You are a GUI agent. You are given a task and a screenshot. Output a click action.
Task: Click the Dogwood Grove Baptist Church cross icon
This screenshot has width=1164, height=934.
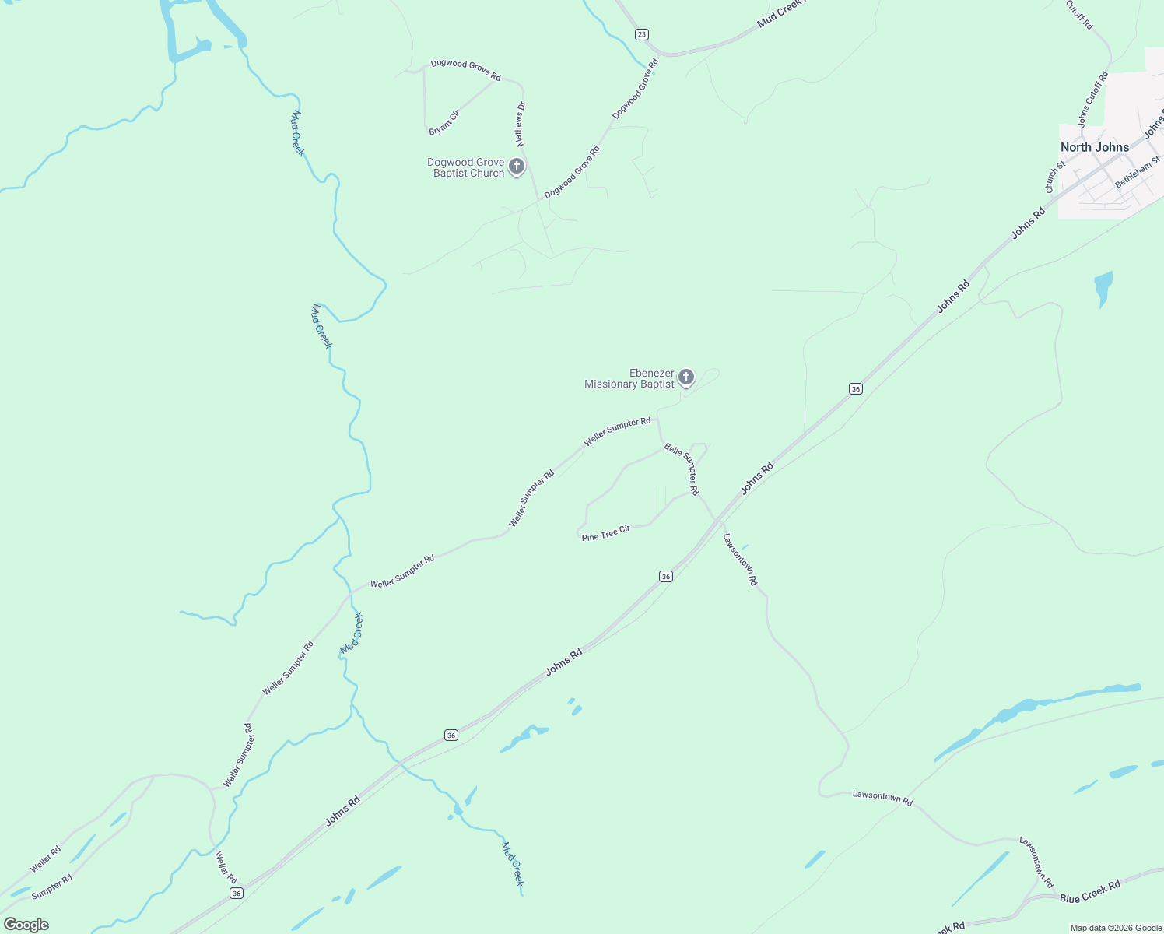[517, 167]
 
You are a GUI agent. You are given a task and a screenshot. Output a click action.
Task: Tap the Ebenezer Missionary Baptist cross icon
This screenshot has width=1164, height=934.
[685, 377]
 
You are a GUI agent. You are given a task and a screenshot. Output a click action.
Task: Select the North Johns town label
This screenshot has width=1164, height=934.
[1094, 147]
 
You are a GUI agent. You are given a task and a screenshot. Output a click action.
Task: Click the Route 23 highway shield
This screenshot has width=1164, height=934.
[641, 34]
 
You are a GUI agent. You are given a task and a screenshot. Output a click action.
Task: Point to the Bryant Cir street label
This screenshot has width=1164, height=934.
[444, 123]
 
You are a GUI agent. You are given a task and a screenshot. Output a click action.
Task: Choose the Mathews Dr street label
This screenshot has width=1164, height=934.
[521, 125]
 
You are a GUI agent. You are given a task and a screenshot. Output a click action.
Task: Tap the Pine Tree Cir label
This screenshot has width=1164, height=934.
[605, 533]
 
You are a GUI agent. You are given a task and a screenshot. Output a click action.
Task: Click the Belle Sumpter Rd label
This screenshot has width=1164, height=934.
[682, 469]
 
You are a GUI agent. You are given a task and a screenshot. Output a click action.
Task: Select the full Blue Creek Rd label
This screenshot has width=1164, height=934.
[1089, 892]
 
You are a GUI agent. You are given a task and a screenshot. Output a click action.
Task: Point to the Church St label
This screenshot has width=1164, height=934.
[1055, 177]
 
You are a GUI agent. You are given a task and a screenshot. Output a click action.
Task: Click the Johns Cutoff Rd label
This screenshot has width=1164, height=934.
[1092, 100]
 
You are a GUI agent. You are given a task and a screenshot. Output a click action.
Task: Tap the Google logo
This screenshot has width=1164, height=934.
[26, 925]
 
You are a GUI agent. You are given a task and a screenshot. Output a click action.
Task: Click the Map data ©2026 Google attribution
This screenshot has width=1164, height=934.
[1116, 928]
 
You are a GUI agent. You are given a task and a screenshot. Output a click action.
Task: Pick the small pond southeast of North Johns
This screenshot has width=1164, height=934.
[1103, 286]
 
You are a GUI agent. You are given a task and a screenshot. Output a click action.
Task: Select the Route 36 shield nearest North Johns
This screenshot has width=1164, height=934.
[856, 388]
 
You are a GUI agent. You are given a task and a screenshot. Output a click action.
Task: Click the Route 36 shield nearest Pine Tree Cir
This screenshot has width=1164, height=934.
[665, 576]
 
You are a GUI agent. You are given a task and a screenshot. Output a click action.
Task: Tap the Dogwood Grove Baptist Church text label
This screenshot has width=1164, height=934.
[468, 167]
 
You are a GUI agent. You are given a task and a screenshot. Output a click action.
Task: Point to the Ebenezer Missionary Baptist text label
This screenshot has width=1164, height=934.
[629, 378]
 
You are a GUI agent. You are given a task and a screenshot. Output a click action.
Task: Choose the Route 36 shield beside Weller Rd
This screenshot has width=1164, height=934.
[237, 893]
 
